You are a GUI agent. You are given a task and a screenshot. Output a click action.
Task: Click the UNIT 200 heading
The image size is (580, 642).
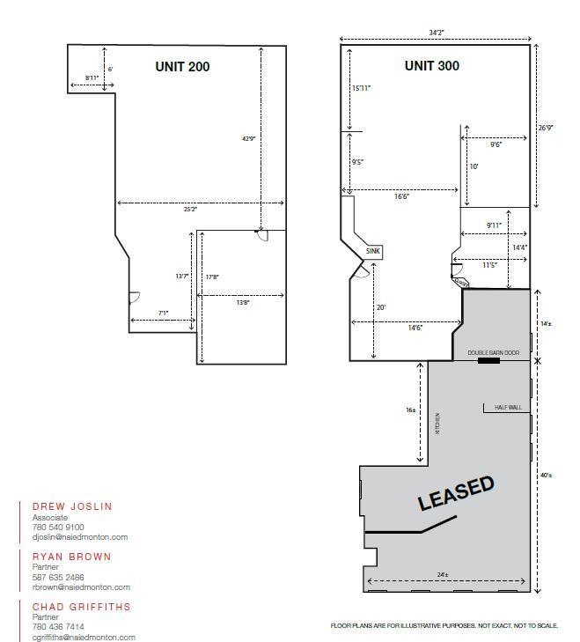182,66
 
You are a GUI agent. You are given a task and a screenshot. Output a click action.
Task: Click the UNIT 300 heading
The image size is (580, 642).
431,66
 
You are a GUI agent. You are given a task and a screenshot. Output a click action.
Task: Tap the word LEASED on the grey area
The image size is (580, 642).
456,493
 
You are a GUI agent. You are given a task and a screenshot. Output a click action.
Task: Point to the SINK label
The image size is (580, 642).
374,252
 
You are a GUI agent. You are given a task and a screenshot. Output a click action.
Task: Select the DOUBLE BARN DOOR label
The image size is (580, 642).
493,352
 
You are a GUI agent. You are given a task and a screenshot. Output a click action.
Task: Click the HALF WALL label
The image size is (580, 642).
508,408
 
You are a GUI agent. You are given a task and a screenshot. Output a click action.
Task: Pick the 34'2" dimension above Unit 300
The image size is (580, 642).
436,33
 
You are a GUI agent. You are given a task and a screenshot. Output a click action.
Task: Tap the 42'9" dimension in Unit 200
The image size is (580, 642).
249,138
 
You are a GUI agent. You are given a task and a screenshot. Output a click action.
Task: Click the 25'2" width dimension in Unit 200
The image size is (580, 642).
191,210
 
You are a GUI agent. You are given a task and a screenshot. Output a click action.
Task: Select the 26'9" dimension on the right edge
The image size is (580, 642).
546,128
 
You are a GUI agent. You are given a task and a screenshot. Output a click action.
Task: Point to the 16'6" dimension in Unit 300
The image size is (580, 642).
401,197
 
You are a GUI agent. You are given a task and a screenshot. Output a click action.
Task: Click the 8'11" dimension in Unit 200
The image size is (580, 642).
92,78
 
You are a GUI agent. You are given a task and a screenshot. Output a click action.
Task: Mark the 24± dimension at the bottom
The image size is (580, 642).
441,575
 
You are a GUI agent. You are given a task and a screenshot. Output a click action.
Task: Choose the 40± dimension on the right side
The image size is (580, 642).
546,476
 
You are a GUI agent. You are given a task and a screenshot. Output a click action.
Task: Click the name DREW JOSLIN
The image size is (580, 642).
72,506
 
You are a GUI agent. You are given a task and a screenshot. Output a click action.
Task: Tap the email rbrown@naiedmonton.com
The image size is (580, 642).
81,587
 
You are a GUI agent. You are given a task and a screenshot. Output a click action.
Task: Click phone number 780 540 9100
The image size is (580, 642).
58,527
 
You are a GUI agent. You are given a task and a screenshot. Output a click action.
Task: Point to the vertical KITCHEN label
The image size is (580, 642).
437,423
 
